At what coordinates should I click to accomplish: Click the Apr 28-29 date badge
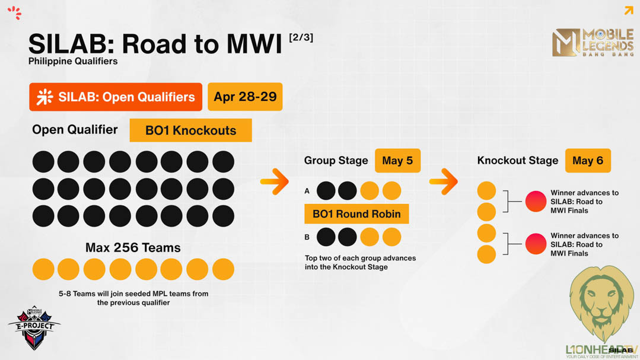pos(245,97)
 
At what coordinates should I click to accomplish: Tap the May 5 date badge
pos(397,160)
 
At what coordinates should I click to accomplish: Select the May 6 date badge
pos(588,160)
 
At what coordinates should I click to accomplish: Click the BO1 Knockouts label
pos(190,130)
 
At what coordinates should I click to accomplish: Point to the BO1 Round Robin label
pos(356,214)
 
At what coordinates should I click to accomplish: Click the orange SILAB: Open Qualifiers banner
pos(116,97)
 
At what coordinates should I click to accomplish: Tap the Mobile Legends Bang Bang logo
pos(593,43)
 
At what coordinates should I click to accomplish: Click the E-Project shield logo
pos(34,328)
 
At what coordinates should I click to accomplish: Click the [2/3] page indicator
pos(301,37)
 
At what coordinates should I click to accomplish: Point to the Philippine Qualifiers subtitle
pos(72,61)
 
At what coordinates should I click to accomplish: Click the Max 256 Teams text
pos(133,248)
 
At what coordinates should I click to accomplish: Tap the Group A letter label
pos(307,190)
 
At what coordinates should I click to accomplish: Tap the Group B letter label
pos(307,237)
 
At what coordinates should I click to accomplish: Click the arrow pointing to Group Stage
pos(275,181)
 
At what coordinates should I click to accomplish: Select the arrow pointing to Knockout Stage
pos(444,181)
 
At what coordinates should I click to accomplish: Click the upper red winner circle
pos(536,201)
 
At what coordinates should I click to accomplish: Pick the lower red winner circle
pos(536,244)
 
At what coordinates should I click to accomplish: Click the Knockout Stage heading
pos(518,160)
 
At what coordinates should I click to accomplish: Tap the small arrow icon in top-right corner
pos(629,10)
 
